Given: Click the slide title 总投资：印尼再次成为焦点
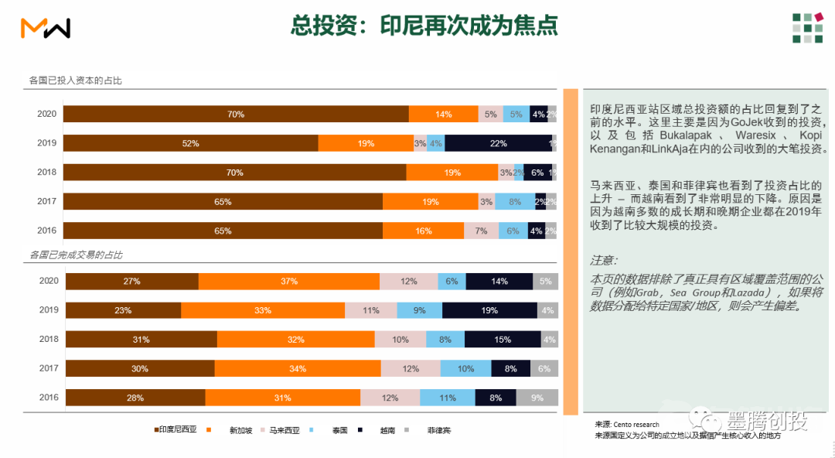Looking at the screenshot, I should [x=424, y=26].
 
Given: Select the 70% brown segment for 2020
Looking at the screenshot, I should [x=236, y=114].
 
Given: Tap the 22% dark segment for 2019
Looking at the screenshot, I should [x=498, y=143].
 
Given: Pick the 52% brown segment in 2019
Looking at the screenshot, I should [x=190, y=143].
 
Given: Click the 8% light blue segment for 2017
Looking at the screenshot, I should [x=514, y=202].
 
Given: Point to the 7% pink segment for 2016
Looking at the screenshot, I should [x=481, y=231].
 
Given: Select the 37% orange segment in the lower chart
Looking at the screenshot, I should [x=289, y=282].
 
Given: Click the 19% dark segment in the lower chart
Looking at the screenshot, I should [x=489, y=310].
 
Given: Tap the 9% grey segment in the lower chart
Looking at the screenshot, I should [x=537, y=398].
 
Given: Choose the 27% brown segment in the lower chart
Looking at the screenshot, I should [x=131, y=282].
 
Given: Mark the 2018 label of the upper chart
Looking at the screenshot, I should [x=47, y=173].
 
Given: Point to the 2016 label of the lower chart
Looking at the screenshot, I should [x=49, y=398].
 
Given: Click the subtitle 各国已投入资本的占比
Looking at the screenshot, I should [x=76, y=80].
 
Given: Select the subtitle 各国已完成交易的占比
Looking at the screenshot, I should [x=76, y=255].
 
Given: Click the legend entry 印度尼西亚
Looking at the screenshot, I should [x=176, y=430].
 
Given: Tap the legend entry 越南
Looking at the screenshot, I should [x=387, y=430].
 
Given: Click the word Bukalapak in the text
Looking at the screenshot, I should [x=690, y=135].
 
